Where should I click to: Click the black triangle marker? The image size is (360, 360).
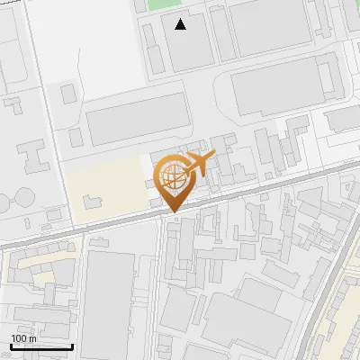[x=181, y=24]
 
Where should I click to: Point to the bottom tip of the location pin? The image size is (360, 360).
[x=171, y=212]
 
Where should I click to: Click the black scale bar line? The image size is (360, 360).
[x=41, y=346]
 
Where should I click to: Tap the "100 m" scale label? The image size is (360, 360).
[x=24, y=338]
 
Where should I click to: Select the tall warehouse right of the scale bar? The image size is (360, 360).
[x=108, y=301]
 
